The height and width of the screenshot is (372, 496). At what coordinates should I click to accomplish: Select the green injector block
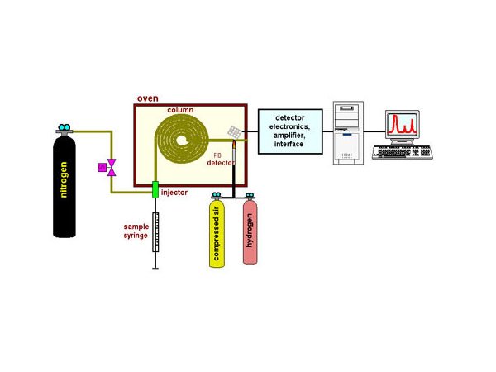(155, 192)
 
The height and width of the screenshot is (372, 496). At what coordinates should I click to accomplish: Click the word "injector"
(174, 193)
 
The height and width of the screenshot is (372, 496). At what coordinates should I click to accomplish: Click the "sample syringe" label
(136, 230)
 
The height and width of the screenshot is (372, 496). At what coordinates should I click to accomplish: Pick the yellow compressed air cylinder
(217, 236)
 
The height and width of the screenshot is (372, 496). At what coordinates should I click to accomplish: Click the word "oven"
(146, 98)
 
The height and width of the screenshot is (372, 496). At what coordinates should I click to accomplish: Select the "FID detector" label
(222, 158)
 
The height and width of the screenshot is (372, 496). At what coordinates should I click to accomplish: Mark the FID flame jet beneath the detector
(235, 148)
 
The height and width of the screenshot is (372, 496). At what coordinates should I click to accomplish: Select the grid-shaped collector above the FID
(236, 131)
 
